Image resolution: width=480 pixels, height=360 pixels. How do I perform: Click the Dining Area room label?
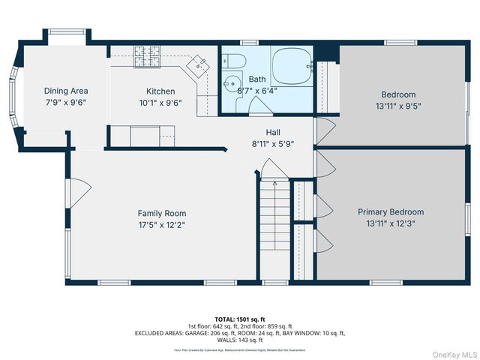point(65,91)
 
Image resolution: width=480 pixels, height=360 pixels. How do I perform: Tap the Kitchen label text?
point(160,91)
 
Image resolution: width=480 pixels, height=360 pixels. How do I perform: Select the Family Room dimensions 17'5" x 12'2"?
point(161,225)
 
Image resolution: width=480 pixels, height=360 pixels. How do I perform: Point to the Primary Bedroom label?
point(390,212)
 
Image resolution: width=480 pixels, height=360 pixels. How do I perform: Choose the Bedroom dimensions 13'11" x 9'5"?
point(398,106)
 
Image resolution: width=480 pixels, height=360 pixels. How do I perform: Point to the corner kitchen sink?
point(197,66)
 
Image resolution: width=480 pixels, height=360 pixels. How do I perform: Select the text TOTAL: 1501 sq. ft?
point(240,319)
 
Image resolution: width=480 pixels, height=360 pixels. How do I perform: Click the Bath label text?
point(257,79)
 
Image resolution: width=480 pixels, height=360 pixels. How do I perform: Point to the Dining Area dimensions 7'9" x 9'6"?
point(65,103)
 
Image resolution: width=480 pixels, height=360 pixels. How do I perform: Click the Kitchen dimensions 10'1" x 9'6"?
point(160,103)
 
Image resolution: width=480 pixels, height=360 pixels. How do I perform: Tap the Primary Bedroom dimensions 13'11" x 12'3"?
point(390,224)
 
